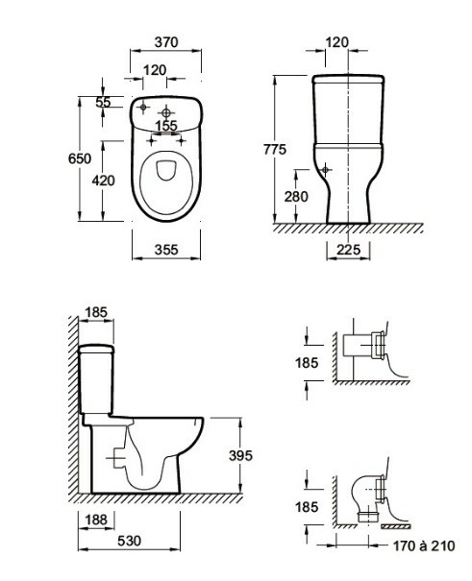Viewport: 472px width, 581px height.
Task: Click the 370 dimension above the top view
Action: point(166,42)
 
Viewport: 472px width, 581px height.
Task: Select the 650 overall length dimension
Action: point(80,158)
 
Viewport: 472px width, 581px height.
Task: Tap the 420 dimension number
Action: point(104,181)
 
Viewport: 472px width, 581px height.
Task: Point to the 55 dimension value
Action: point(103,102)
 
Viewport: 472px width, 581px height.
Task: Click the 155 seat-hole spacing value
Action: point(166,126)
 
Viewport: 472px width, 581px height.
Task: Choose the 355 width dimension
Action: point(166,250)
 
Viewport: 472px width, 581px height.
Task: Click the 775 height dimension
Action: point(275,149)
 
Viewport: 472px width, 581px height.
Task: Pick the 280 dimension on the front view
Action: point(296,196)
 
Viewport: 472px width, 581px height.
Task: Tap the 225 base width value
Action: point(348,250)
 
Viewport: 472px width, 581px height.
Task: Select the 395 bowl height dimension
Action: point(240,455)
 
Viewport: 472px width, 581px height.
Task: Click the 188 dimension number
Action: point(96,520)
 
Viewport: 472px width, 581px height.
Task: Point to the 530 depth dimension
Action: point(130,541)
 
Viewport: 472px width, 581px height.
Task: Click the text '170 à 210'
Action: point(423,545)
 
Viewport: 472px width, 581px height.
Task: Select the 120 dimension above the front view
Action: point(337,42)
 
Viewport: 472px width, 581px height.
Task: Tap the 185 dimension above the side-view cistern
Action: point(96,312)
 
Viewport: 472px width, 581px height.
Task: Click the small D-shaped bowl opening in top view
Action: point(165,170)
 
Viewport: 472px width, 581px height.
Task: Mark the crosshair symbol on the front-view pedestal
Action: point(325,170)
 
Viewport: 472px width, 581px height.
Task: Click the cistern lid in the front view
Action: point(348,79)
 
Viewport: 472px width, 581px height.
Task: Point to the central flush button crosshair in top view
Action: point(165,112)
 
